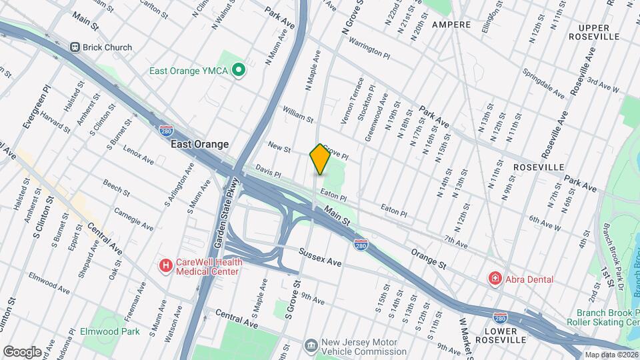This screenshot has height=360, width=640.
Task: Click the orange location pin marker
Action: pyautogui.click(x=320, y=159)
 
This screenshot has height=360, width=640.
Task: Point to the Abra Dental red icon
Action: pyautogui.click(x=495, y=279)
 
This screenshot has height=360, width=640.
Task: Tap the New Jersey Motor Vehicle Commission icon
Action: pyautogui.click(x=311, y=345)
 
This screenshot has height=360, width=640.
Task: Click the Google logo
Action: pyautogui.click(x=22, y=351)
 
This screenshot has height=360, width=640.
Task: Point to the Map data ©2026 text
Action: pyautogui.click(x=611, y=355)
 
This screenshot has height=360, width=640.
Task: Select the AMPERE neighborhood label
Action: pyautogui.click(x=451, y=25)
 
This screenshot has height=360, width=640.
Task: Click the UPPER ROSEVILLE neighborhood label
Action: pyautogui.click(x=599, y=32)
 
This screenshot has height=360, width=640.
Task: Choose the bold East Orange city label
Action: pyautogui.click(x=199, y=144)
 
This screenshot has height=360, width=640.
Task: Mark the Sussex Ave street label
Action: pyautogui.click(x=320, y=258)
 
